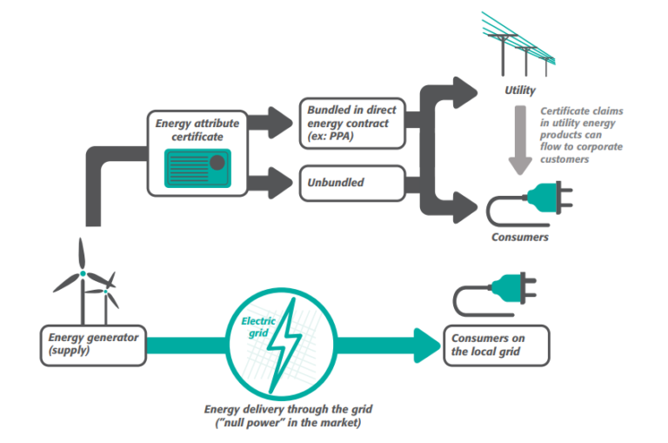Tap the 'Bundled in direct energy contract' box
pyautogui.click(x=352, y=123)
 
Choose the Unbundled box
pyautogui.click(x=352, y=184)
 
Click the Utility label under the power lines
pyautogui.click(x=520, y=91)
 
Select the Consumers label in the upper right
pyautogui.click(x=521, y=237)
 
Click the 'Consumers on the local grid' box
pyautogui.click(x=497, y=345)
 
